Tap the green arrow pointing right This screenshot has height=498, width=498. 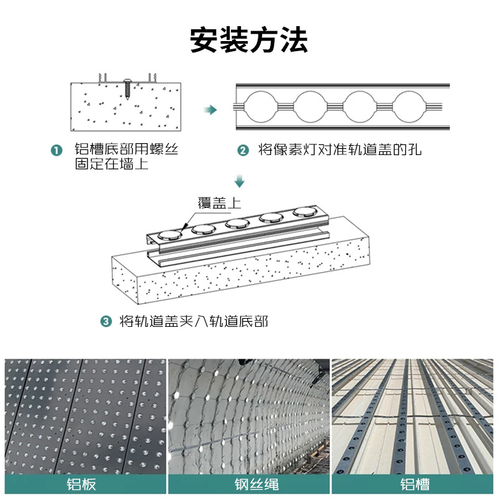pos(211,110)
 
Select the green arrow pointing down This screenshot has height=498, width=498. pos(240,182)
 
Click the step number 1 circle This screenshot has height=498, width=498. pos(57,151)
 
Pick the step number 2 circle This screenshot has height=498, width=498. pos(243,151)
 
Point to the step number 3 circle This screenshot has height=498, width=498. pos(106,321)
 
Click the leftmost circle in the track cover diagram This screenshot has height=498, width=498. pos(261,106)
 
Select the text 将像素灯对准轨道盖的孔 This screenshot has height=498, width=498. pos(340,151)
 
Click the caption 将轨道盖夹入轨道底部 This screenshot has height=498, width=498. pos(194,321)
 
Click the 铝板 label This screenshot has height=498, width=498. pos(85,484)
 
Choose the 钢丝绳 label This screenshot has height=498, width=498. pos(249,484)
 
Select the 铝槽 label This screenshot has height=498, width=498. pos(414,484)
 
